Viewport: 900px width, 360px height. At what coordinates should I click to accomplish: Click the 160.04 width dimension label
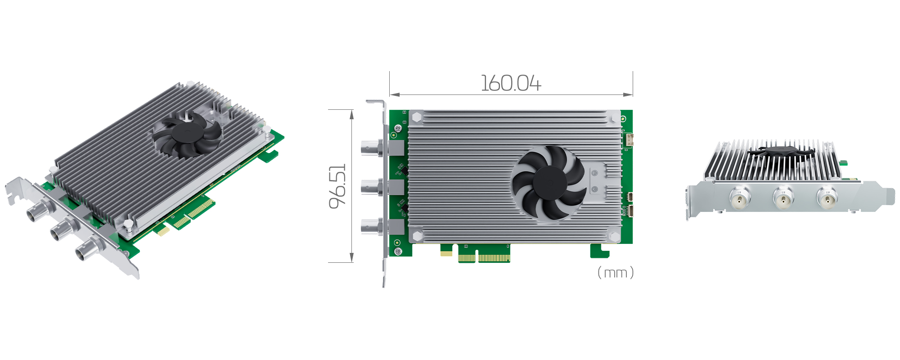[x=511, y=84]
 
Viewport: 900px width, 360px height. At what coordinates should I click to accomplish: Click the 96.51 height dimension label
[x=338, y=186]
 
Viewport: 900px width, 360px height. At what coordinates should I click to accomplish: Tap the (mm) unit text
[x=615, y=273]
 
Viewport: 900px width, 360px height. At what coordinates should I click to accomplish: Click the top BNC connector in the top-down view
[x=372, y=148]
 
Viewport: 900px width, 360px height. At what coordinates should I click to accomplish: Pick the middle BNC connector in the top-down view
[x=372, y=187]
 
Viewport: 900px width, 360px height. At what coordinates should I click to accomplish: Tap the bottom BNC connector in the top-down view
[x=372, y=226]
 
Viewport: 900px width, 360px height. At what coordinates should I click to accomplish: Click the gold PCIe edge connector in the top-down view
[x=484, y=257]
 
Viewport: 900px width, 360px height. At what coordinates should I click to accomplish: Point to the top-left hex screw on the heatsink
[x=416, y=117]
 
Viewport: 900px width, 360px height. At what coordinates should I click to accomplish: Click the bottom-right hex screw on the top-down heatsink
[x=614, y=235]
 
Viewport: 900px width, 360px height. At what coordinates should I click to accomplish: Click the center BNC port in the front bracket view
[x=783, y=198]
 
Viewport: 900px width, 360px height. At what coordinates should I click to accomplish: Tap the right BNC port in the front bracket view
[x=827, y=198]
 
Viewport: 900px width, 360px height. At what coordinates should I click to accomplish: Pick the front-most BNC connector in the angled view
[x=86, y=252]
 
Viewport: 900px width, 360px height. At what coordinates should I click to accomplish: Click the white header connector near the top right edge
[x=629, y=140]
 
